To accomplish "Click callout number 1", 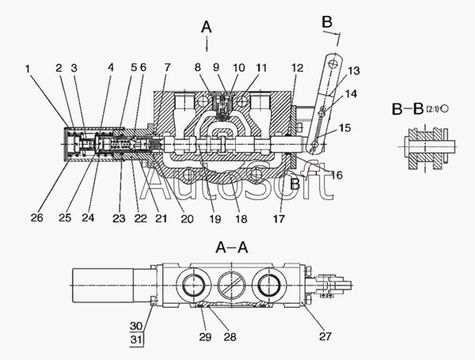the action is pyautogui.click(x=28, y=69).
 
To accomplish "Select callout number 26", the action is pyautogui.click(x=36, y=218).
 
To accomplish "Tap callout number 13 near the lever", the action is pyautogui.click(x=354, y=70).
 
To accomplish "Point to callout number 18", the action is pyautogui.click(x=241, y=218).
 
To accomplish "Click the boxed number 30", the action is pyautogui.click(x=136, y=326).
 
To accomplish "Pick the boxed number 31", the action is pyautogui.click(x=136, y=339).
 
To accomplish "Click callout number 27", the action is pyautogui.click(x=325, y=336).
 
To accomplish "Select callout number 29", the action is pyautogui.click(x=205, y=337).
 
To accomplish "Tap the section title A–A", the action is pyautogui.click(x=232, y=248).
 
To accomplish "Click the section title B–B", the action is pyautogui.click(x=408, y=109).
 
